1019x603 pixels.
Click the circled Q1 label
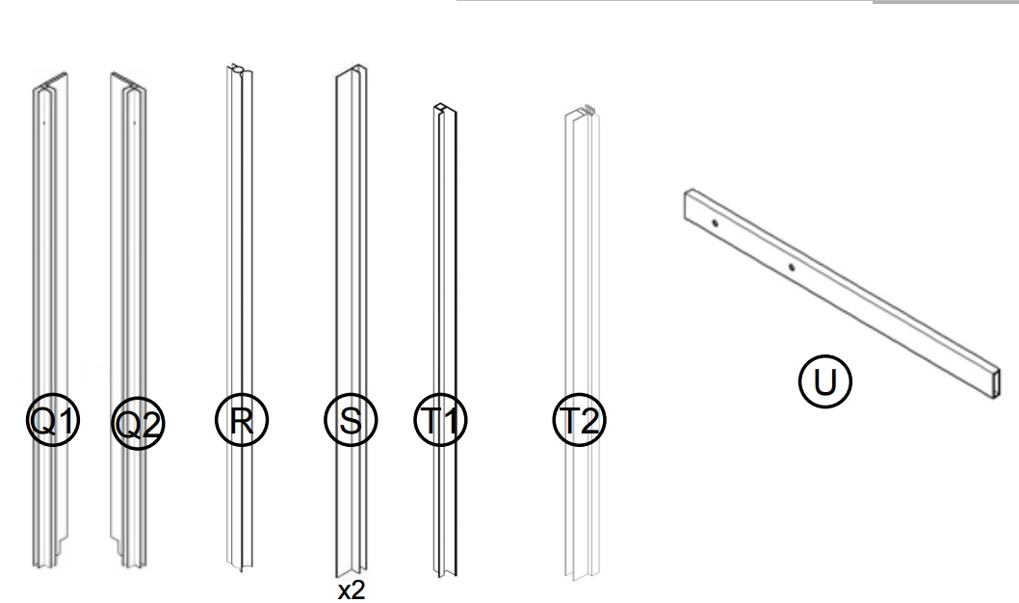53,420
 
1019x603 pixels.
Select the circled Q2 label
138,424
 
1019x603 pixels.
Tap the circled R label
241,420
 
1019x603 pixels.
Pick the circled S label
351,420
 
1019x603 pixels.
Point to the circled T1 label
440,420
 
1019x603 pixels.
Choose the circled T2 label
579,420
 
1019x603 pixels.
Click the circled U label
824,381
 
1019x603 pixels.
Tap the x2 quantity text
352,590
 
